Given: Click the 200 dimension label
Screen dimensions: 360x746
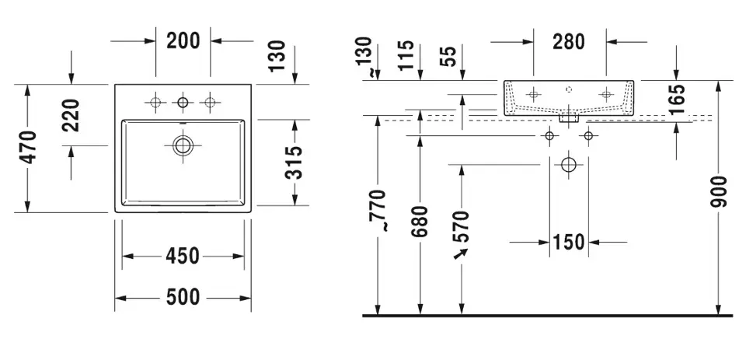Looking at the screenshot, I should coord(183,40).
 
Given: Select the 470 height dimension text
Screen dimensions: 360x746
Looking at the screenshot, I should coord(27,148).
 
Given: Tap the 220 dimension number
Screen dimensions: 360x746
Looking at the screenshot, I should coord(71,116).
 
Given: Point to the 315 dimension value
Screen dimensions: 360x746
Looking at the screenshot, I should coord(295,163).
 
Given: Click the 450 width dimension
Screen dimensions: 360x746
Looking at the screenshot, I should coord(183,256).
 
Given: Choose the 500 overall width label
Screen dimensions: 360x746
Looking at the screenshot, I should coord(183,297).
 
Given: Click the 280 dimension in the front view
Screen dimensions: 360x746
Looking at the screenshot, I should coord(569,41).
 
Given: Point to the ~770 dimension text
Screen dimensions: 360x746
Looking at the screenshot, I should coord(378,211).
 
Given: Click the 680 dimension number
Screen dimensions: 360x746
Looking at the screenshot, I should coord(420,225).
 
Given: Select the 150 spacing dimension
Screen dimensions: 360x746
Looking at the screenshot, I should coord(569,243).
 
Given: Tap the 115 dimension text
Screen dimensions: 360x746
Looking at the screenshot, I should coord(405,55).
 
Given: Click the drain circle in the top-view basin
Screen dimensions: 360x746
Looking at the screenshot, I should coord(183,145).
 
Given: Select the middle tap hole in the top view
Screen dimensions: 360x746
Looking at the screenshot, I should coord(183,102).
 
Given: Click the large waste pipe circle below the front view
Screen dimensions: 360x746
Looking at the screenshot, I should coord(569,165).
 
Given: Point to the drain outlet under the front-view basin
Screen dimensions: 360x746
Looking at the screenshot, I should coord(569,118).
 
